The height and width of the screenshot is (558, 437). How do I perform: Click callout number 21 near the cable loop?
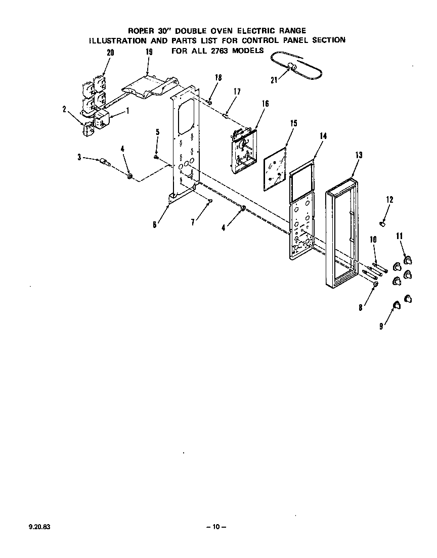point(274,80)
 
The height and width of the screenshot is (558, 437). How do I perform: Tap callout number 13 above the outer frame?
point(359,156)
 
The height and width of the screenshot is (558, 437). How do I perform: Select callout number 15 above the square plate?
point(293,123)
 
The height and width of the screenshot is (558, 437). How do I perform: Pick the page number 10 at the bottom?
point(216,527)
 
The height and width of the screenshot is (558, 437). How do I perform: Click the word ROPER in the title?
point(141,31)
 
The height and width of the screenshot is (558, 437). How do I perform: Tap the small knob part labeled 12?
point(383,222)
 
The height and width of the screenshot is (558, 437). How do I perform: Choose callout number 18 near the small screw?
point(218,78)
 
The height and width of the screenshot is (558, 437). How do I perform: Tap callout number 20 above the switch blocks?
point(110,53)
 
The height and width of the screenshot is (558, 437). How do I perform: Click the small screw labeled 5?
point(157,157)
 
